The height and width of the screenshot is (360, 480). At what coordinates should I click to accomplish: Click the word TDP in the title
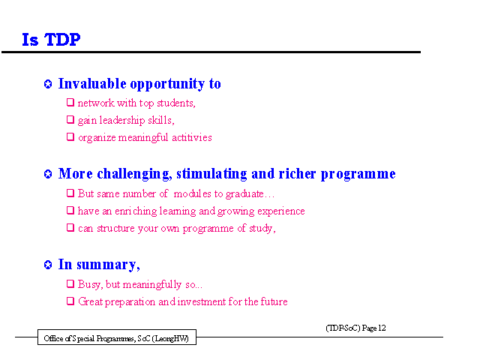click(x=62, y=40)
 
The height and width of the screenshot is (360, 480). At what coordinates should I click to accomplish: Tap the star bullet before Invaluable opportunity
click(x=48, y=84)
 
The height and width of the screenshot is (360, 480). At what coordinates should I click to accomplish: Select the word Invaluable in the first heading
click(x=92, y=83)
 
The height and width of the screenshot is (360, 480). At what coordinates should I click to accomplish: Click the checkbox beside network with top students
click(x=70, y=102)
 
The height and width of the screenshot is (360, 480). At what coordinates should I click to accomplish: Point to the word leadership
click(x=122, y=120)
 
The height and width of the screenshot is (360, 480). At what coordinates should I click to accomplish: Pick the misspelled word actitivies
click(x=192, y=137)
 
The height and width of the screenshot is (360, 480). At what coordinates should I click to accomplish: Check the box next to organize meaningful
click(x=70, y=136)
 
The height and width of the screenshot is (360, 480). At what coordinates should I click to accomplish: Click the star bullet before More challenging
click(x=48, y=174)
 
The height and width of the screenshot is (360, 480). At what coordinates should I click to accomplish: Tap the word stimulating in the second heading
click(x=211, y=173)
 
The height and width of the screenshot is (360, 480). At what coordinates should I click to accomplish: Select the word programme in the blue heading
click(x=358, y=174)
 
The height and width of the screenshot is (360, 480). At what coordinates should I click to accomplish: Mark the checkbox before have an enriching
click(x=70, y=210)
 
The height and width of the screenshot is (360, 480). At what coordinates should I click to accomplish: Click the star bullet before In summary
click(x=48, y=265)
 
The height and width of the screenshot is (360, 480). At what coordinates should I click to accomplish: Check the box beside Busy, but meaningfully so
click(x=70, y=283)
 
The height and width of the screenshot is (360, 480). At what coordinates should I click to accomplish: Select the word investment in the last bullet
click(x=202, y=301)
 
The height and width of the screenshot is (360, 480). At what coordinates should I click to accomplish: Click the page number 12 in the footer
click(x=382, y=328)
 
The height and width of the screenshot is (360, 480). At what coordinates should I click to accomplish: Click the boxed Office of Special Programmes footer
click(x=117, y=337)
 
